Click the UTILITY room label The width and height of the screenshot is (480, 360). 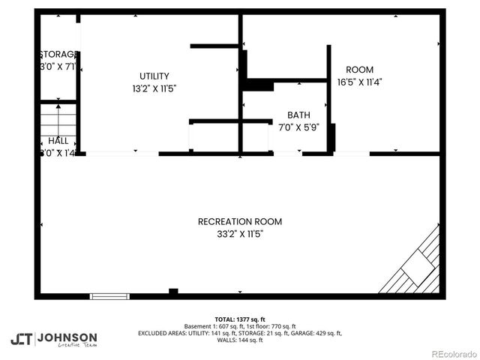coord(154,76)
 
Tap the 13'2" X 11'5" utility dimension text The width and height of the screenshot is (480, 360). coord(154,88)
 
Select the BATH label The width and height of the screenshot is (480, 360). coord(298,115)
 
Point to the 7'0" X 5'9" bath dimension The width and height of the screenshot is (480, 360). coord(298,127)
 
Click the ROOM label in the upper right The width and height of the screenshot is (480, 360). coord(359,70)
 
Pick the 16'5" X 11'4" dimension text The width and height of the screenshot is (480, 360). coord(359,82)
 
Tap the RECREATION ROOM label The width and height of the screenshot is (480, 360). coord(240,221)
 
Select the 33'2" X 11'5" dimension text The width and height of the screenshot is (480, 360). coord(240,234)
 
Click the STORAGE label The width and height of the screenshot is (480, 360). coord(58,55)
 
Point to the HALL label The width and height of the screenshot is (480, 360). coord(58,140)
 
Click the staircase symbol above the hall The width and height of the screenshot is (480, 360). coord(58,118)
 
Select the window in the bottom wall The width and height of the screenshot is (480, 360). coord(109,296)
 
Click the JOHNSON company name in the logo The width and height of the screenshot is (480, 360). coord(67,337)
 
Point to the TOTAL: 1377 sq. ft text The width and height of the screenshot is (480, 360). coord(240,319)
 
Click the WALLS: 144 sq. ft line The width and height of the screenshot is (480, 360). coord(240,340)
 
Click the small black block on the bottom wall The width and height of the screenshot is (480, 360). coord(173,292)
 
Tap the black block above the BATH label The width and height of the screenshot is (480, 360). coord(258,85)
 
